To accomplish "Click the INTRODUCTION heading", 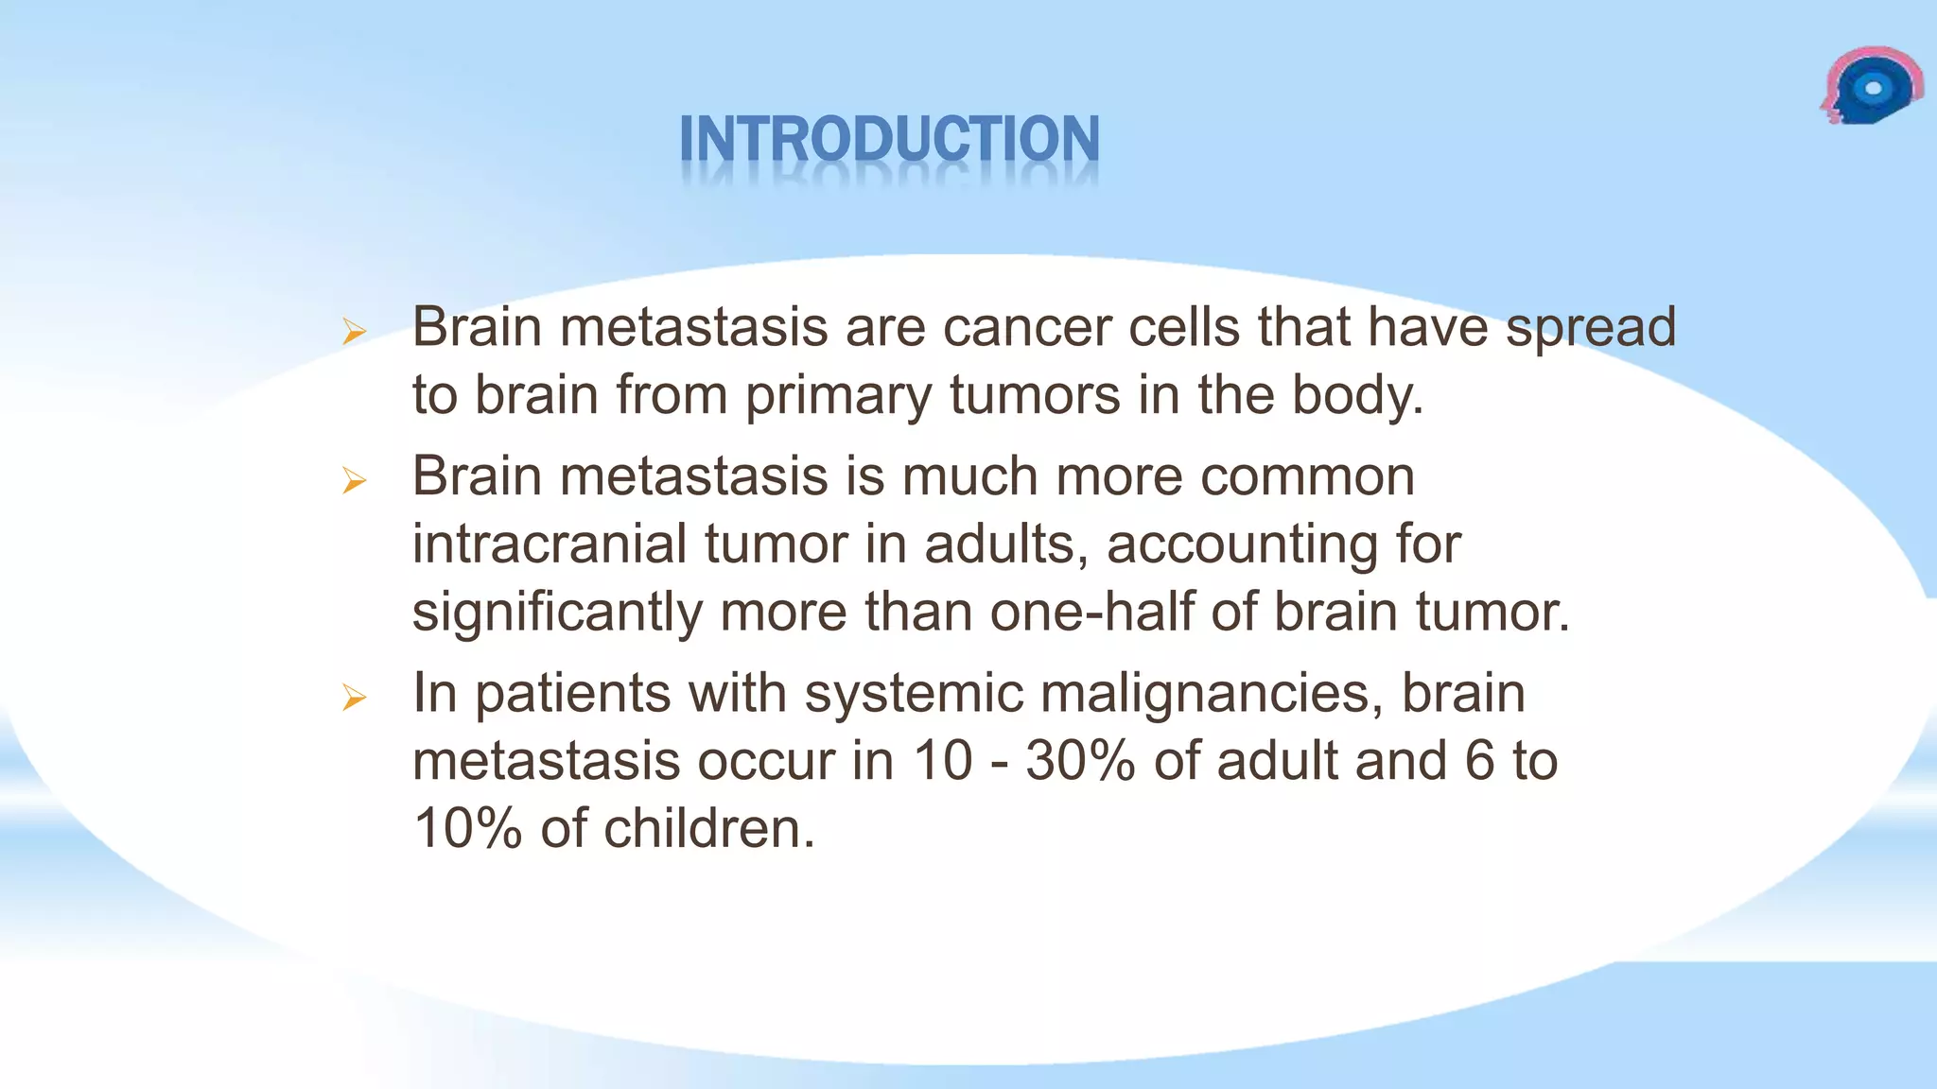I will (889, 140).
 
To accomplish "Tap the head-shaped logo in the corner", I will (1871, 87).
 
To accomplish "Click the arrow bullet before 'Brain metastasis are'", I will (354, 332).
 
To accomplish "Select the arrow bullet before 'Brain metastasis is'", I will (354, 481).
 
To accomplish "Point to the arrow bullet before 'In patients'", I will (354, 699).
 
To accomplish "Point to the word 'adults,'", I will (1006, 544).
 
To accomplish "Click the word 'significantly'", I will (557, 613).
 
